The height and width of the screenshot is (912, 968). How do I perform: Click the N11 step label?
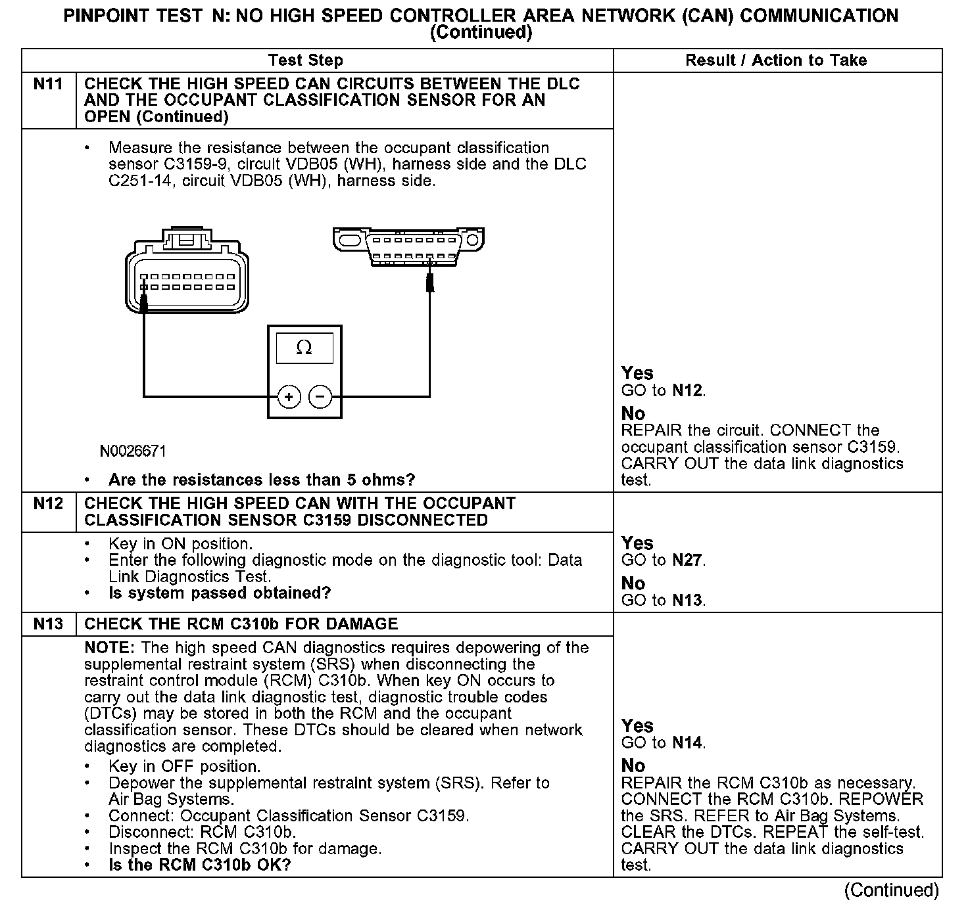click(48, 84)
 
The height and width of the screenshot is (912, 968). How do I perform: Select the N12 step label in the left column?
click(48, 504)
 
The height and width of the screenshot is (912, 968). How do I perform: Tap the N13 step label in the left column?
click(48, 624)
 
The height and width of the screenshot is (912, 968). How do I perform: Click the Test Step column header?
click(305, 60)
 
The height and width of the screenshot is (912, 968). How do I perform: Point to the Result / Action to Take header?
click(776, 60)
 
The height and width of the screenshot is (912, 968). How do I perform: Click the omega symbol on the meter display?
click(304, 348)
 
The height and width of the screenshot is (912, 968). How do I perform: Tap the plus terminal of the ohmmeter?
click(289, 397)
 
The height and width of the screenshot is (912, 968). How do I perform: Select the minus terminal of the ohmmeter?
click(320, 397)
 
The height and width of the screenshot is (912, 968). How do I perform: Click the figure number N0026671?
click(133, 451)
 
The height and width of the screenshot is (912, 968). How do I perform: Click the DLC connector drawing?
click(408, 246)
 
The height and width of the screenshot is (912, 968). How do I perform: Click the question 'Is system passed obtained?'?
click(220, 593)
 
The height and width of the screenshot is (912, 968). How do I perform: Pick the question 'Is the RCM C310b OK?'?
click(199, 865)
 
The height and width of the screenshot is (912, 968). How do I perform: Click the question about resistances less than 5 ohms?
click(262, 480)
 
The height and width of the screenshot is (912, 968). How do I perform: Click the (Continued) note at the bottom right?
click(892, 890)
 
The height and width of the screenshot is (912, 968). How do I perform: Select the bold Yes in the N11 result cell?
click(637, 373)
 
